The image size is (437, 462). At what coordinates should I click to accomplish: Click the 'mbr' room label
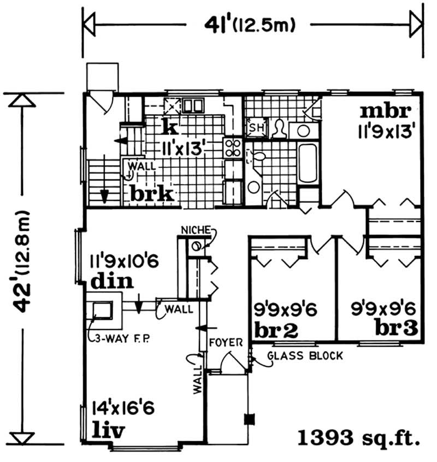pyautogui.click(x=386, y=111)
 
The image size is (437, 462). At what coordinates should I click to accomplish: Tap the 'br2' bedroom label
pyautogui.click(x=276, y=330)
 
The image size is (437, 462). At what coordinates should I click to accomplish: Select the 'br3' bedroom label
pyautogui.click(x=397, y=328)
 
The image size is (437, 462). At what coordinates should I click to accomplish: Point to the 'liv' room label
pyautogui.click(x=108, y=431)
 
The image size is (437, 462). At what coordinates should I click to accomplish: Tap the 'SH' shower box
pyautogui.click(x=257, y=128)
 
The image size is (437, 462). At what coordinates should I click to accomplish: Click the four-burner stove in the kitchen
pyautogui.click(x=233, y=148)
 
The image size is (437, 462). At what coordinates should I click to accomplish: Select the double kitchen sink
pyautogui.click(x=193, y=105)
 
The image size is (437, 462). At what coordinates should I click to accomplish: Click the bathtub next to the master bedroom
pyautogui.click(x=308, y=163)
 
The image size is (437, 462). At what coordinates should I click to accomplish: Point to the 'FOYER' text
pyautogui.click(x=226, y=342)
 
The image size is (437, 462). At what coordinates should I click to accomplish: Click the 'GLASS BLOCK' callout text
pyautogui.click(x=305, y=355)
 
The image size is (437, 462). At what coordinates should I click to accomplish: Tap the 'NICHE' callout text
pyautogui.click(x=196, y=230)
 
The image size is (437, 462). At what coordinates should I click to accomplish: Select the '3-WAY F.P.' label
pyautogui.click(x=122, y=339)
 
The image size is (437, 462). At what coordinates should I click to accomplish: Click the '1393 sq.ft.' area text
pyautogui.click(x=359, y=437)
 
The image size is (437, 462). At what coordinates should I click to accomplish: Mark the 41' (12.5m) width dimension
pyautogui.click(x=250, y=25)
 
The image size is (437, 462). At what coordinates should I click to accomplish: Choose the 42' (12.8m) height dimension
pyautogui.click(x=22, y=261)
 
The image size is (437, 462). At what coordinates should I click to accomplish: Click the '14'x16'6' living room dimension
pyautogui.click(x=123, y=408)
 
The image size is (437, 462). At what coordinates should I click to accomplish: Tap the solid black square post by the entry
pyautogui.click(x=250, y=419)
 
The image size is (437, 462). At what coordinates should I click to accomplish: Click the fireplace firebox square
pyautogui.click(x=103, y=310)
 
